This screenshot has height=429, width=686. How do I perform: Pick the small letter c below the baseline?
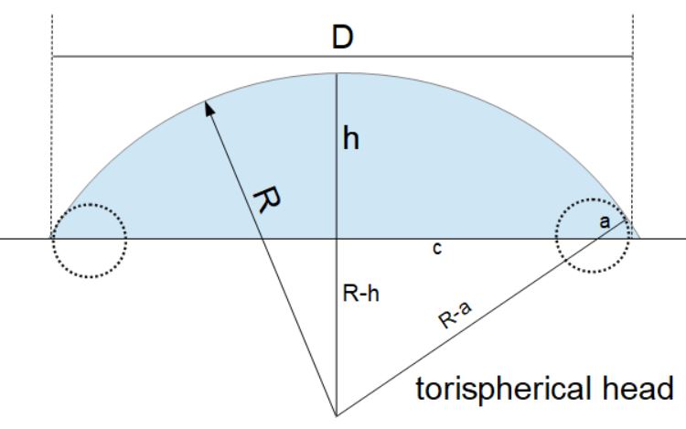437,249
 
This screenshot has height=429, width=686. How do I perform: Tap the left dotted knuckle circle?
88,241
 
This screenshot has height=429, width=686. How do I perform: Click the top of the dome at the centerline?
338,74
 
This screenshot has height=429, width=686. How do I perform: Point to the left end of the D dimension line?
52,57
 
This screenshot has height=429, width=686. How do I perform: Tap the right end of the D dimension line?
632,57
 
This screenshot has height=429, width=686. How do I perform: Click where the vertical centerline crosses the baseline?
338,240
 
